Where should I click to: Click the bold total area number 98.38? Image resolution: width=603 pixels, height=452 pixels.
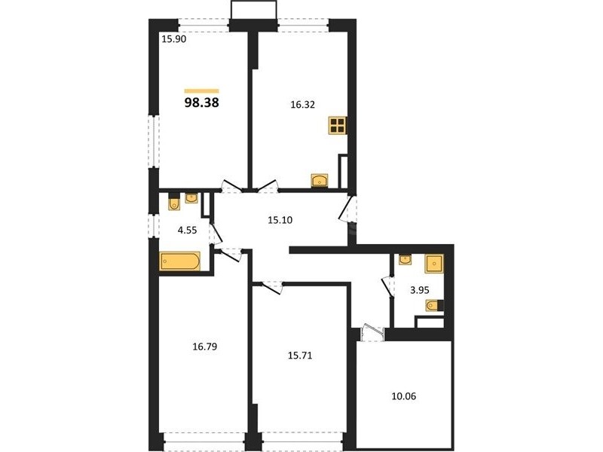(201, 102)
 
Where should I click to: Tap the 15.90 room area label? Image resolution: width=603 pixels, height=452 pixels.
(174, 39)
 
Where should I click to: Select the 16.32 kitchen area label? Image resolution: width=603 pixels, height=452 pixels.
(303, 105)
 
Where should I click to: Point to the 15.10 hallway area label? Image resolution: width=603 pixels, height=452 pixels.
(280, 220)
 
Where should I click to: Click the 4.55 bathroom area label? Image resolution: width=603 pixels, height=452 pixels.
(187, 231)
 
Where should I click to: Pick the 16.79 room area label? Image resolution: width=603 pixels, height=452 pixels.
(204, 347)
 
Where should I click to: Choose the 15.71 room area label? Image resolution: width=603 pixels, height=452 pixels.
(300, 356)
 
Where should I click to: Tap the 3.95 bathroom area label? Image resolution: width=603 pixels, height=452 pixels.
(420, 290)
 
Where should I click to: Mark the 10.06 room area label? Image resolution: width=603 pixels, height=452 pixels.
(404, 396)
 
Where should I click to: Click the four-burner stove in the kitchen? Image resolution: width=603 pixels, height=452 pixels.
(338, 125)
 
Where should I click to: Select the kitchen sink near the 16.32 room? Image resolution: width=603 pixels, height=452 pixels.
(320, 181)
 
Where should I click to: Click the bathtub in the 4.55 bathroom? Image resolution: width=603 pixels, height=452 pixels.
(180, 261)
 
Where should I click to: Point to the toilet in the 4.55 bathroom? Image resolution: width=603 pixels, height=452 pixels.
(174, 203)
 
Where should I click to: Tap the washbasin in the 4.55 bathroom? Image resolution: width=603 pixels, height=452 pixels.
(191, 198)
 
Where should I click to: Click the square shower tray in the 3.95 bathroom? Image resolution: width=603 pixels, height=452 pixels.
(434, 264)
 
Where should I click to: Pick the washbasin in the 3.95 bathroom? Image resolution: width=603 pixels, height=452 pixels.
(406, 259)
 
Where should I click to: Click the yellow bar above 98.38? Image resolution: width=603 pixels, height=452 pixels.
(201, 91)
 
